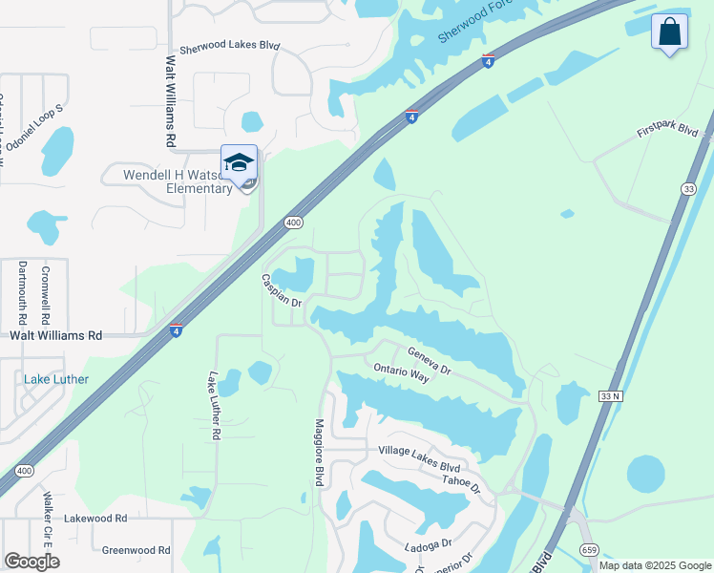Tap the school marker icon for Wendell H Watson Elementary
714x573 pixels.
239,160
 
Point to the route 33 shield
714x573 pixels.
688,189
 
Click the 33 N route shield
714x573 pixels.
612,394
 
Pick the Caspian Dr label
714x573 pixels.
282,290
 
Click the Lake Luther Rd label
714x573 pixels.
216,406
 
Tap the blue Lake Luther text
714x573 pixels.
56,379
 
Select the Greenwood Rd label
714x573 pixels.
136,550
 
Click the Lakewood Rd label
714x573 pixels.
95,519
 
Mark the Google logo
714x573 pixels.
31,562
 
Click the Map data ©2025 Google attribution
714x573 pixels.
654,565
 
